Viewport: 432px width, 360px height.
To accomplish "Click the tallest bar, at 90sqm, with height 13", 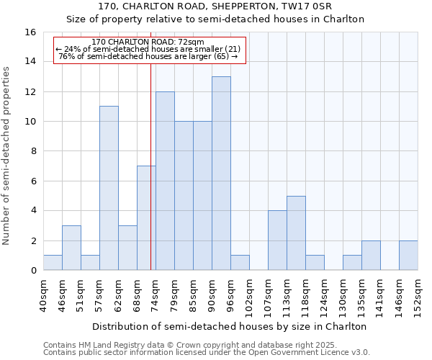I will pyautogui.click(x=221, y=174).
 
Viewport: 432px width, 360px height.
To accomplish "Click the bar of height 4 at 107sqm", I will pyautogui.click(x=277, y=240).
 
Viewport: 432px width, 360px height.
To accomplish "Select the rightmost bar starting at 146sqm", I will pyautogui.click(x=408, y=256).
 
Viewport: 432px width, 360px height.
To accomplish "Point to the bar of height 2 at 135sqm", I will pyautogui.click(x=371, y=256).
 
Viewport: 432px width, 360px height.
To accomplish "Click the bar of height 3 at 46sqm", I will pyautogui.click(x=71, y=248).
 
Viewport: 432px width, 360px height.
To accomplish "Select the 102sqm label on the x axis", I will pyautogui.click(x=249, y=297).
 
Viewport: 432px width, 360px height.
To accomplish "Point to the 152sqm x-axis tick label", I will pyautogui.click(x=418, y=297).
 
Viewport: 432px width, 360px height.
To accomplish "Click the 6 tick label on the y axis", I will pyautogui.click(x=32, y=181).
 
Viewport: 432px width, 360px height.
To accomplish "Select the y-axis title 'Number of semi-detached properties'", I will pyautogui.click(x=7, y=155).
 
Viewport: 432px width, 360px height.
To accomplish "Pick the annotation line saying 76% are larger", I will pyautogui.click(x=149, y=56).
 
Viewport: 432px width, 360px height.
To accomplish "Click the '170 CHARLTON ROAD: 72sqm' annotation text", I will pyautogui.click(x=149, y=42).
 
